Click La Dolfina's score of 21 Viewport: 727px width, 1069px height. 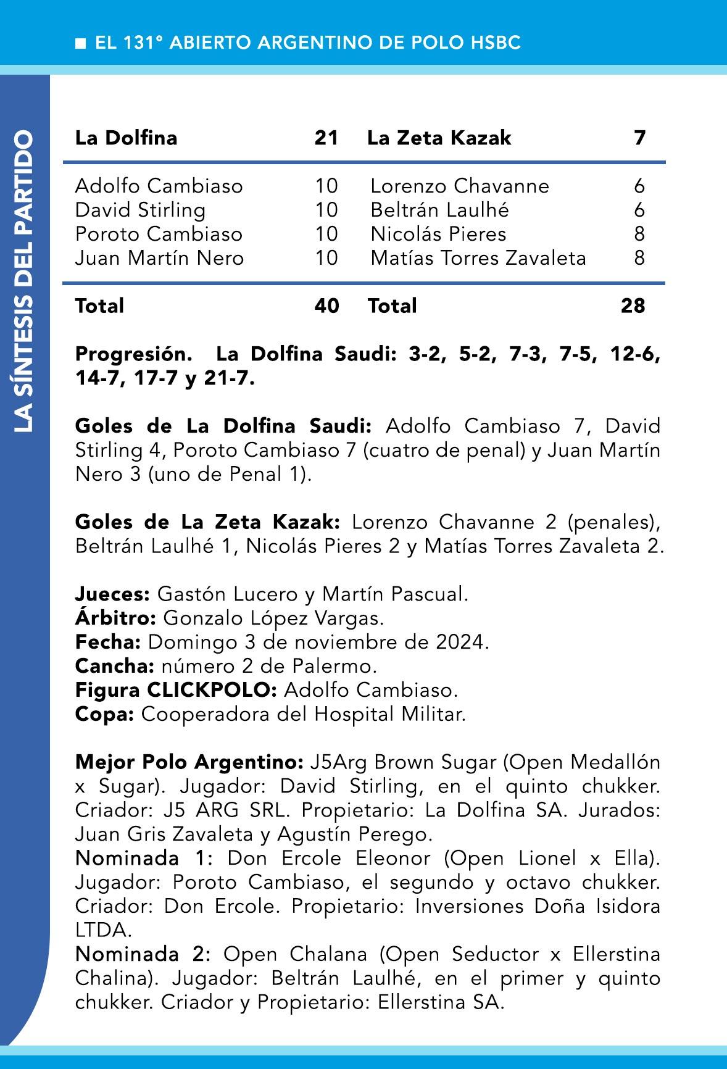326,138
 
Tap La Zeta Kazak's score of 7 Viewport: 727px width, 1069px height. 639,138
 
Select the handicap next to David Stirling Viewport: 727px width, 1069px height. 326,210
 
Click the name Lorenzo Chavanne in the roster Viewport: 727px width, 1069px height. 459,186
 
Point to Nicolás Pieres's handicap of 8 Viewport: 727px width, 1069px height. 639,234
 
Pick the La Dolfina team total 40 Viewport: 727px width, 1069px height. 326,306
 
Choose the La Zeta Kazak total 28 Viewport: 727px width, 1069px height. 633,306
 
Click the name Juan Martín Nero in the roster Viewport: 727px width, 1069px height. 159,258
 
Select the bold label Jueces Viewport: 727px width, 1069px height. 112,594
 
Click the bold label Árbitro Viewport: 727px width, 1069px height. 115,618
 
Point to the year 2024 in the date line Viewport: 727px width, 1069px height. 459,642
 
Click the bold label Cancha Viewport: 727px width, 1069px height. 114,666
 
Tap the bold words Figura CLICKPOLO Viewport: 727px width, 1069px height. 176,690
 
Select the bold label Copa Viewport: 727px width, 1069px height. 104,714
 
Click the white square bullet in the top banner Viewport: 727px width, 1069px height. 80,43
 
